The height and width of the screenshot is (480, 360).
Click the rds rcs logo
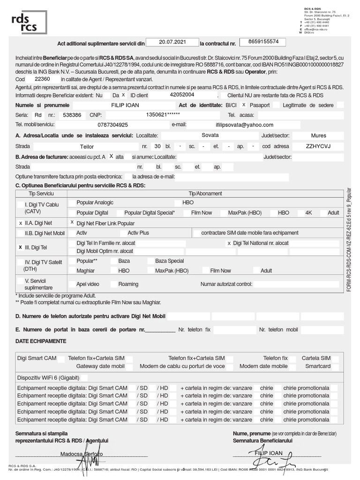tap(29, 22)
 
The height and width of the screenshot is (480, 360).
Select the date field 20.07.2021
tap(172, 42)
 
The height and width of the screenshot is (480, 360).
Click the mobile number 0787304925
tap(112, 125)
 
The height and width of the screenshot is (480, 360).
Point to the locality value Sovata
tap(210, 135)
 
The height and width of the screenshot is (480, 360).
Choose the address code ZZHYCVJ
tap(318, 146)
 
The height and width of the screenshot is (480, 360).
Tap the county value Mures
tap(318, 135)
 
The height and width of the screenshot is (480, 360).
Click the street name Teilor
tap(87, 146)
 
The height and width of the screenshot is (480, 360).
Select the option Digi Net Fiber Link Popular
tap(105, 223)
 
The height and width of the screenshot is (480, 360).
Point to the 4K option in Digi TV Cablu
tap(308, 212)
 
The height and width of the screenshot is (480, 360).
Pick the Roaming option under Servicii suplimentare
tap(128, 284)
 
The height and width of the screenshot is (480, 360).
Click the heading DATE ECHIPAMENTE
tap(41, 341)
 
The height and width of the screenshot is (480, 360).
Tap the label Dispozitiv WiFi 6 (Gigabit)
tap(48, 377)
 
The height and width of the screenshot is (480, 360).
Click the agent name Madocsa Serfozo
tap(81, 454)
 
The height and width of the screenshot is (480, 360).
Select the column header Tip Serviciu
tap(41, 193)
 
